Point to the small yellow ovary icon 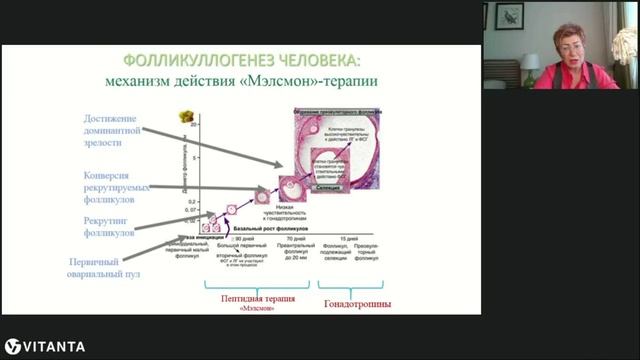(185, 116)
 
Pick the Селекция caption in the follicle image (336, 185)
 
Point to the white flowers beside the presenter (625, 46)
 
